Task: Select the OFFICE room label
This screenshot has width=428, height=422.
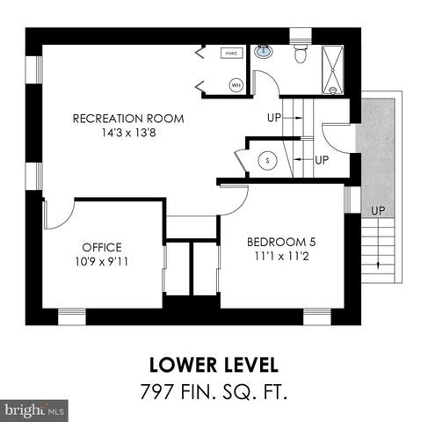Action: [x=102, y=247]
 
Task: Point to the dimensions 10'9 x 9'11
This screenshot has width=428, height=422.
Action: [x=102, y=262]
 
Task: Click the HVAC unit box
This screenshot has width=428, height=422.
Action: [x=232, y=53]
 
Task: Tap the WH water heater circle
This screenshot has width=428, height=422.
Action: [x=236, y=85]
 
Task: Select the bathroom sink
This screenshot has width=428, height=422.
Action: [x=263, y=52]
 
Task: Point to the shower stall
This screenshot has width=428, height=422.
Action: [x=333, y=69]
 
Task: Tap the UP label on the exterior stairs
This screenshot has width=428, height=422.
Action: [x=378, y=211]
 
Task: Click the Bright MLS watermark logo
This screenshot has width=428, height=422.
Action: [x=35, y=410]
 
